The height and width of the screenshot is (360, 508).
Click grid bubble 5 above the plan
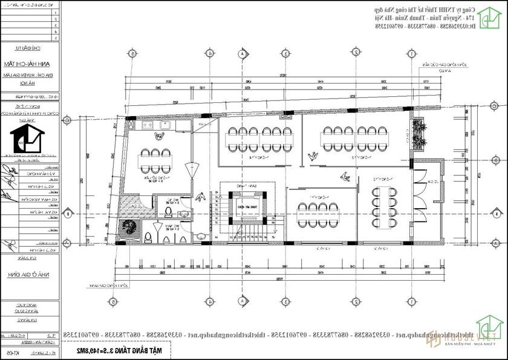132,53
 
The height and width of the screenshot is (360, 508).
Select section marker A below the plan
241,301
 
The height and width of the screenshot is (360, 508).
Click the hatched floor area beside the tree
131,205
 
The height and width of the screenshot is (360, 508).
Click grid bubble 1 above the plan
411,53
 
